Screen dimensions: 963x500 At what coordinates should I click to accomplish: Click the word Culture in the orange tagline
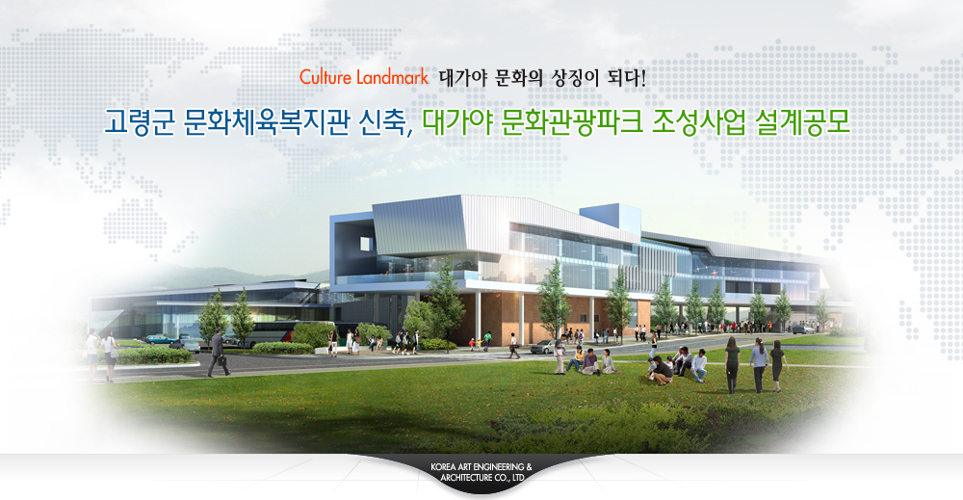coord(325,78)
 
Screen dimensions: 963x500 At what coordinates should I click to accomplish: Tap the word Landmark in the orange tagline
coord(392,78)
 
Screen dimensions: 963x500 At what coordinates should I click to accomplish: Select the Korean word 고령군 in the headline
coord(139,121)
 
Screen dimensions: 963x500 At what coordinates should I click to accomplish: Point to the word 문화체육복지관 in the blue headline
coord(267,121)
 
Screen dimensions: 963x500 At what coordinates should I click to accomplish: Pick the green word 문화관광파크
coord(572,121)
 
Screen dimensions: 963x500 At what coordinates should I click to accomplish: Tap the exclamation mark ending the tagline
coord(643,78)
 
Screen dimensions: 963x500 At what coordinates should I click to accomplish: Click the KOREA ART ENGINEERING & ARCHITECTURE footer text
coord(481,472)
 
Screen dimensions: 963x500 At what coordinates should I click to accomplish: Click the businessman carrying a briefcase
coord(218,353)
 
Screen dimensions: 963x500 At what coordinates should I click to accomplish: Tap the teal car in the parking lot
coord(160,338)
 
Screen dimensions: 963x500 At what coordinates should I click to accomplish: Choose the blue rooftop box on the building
coord(611,218)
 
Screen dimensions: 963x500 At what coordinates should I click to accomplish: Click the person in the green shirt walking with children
coord(487,341)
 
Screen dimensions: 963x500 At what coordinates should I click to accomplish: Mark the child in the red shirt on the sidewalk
coord(472,344)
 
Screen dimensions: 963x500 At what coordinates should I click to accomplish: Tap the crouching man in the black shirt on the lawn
coord(660,371)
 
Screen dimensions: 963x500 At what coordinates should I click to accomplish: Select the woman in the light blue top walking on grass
coord(759,365)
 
